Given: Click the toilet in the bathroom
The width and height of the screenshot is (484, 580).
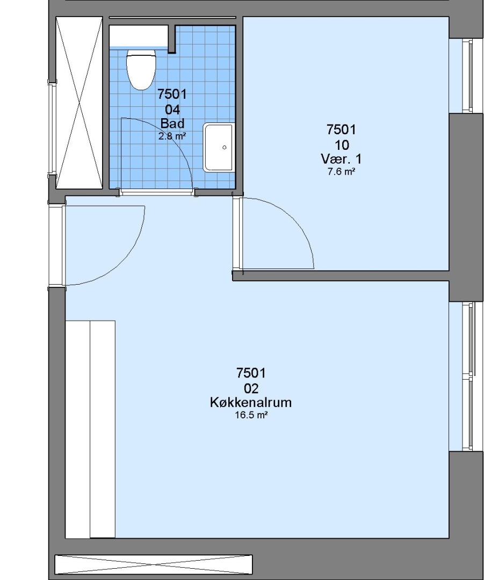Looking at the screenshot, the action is (141, 69).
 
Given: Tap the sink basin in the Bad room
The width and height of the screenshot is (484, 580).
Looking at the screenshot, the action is (219, 147).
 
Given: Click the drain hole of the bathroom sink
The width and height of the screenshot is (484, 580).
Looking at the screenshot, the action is (224, 147).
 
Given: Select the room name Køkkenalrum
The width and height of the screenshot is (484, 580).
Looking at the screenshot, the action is (251, 402).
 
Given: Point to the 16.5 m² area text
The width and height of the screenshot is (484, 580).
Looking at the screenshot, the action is (251, 415).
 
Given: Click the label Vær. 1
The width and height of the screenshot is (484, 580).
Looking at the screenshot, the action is (341, 159).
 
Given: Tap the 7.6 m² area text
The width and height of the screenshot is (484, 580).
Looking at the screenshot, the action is (341, 172).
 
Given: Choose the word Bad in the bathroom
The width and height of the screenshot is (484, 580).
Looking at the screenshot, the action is (172, 123).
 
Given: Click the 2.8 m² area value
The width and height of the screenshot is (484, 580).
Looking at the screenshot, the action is (172, 136).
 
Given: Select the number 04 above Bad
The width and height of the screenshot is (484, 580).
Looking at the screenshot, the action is (172, 110).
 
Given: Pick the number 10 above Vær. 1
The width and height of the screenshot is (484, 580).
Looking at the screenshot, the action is (341, 145).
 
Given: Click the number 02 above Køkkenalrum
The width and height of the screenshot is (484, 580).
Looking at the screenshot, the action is (251, 388).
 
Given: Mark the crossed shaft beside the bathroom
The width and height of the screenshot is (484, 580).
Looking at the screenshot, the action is (79, 103).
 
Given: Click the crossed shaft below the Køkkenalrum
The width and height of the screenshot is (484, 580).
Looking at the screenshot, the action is (154, 564).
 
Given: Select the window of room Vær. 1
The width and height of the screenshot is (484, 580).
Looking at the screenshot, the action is (467, 76).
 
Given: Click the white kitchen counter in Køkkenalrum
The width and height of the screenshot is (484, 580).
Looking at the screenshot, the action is (90, 430).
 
